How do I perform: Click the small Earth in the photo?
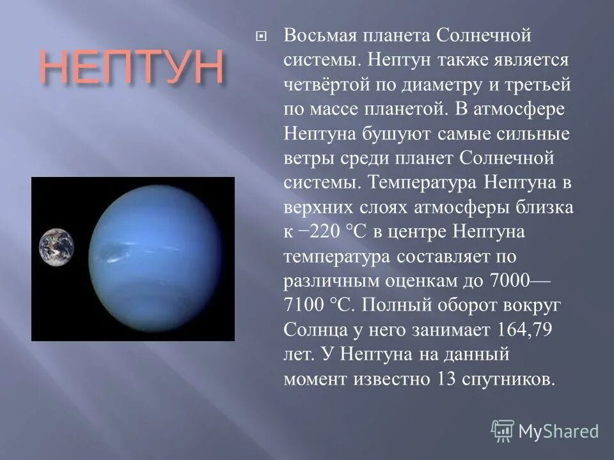pos(56,247)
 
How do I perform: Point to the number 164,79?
pos(524,330)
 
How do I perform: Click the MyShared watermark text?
pos(558,431)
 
